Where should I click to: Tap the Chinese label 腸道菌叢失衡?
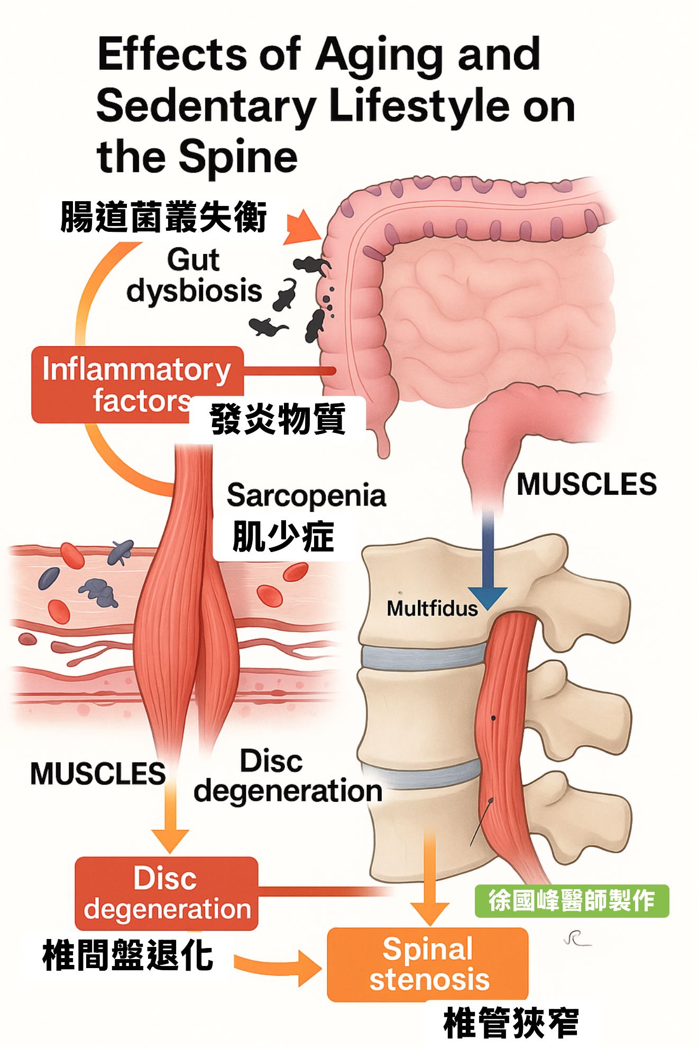164,216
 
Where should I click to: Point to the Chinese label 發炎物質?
278,419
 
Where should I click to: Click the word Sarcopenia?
306,496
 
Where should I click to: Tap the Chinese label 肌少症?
283,537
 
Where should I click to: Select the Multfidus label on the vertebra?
432,608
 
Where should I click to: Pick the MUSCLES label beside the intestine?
586,484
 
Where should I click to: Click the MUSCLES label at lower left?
98,773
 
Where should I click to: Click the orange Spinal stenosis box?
428,964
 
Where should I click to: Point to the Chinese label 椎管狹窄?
511,1023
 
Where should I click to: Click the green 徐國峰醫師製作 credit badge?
572,901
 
